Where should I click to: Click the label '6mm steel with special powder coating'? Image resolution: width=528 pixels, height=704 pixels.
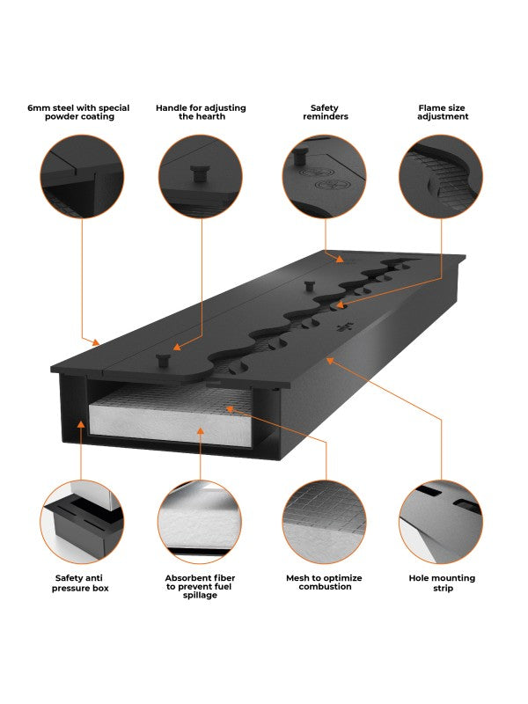pyautogui.click(x=78, y=113)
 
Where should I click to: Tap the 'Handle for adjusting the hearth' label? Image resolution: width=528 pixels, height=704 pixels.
pyautogui.click(x=201, y=113)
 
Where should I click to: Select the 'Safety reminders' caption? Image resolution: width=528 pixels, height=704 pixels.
pyautogui.click(x=325, y=113)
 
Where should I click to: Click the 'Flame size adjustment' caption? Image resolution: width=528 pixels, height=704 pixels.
pyautogui.click(x=443, y=113)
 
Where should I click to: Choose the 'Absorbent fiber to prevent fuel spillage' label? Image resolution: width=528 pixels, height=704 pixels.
pyautogui.click(x=200, y=586)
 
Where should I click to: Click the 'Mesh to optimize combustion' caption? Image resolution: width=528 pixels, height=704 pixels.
pyautogui.click(x=325, y=583)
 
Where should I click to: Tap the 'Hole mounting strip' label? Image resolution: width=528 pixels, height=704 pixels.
pyautogui.click(x=442, y=583)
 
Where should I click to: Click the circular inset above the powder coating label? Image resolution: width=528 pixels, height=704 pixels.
pyautogui.click(x=82, y=175)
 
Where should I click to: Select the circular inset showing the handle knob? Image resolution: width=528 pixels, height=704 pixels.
pyautogui.click(x=201, y=175)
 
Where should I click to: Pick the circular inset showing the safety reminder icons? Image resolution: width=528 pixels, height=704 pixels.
pyautogui.click(x=324, y=175)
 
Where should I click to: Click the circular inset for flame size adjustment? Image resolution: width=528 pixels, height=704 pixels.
pyautogui.click(x=441, y=175)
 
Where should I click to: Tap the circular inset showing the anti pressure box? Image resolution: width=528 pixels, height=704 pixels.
pyautogui.click(x=82, y=521)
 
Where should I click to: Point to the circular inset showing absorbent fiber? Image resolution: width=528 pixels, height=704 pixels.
pyautogui.click(x=200, y=521)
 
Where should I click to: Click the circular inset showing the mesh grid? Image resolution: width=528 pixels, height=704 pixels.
pyautogui.click(x=324, y=521)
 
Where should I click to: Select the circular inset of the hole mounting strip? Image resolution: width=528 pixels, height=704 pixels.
pyautogui.click(x=441, y=521)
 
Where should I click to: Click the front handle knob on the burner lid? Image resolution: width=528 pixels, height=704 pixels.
pyautogui.click(x=162, y=359)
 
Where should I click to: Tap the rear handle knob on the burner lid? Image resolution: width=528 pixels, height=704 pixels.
pyautogui.click(x=309, y=285)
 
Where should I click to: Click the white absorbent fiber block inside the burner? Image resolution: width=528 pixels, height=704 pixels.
pyautogui.click(x=176, y=422)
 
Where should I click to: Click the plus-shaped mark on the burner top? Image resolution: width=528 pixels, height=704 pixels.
pyautogui.click(x=343, y=328)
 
